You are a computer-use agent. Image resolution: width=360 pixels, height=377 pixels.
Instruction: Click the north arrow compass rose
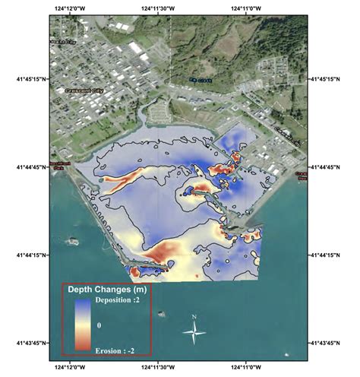195,331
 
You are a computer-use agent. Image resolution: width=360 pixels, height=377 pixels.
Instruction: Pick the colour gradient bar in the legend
81,325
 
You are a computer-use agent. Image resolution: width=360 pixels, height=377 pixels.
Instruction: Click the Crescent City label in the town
73,88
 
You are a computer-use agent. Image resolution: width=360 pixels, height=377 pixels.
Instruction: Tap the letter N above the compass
195,316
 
